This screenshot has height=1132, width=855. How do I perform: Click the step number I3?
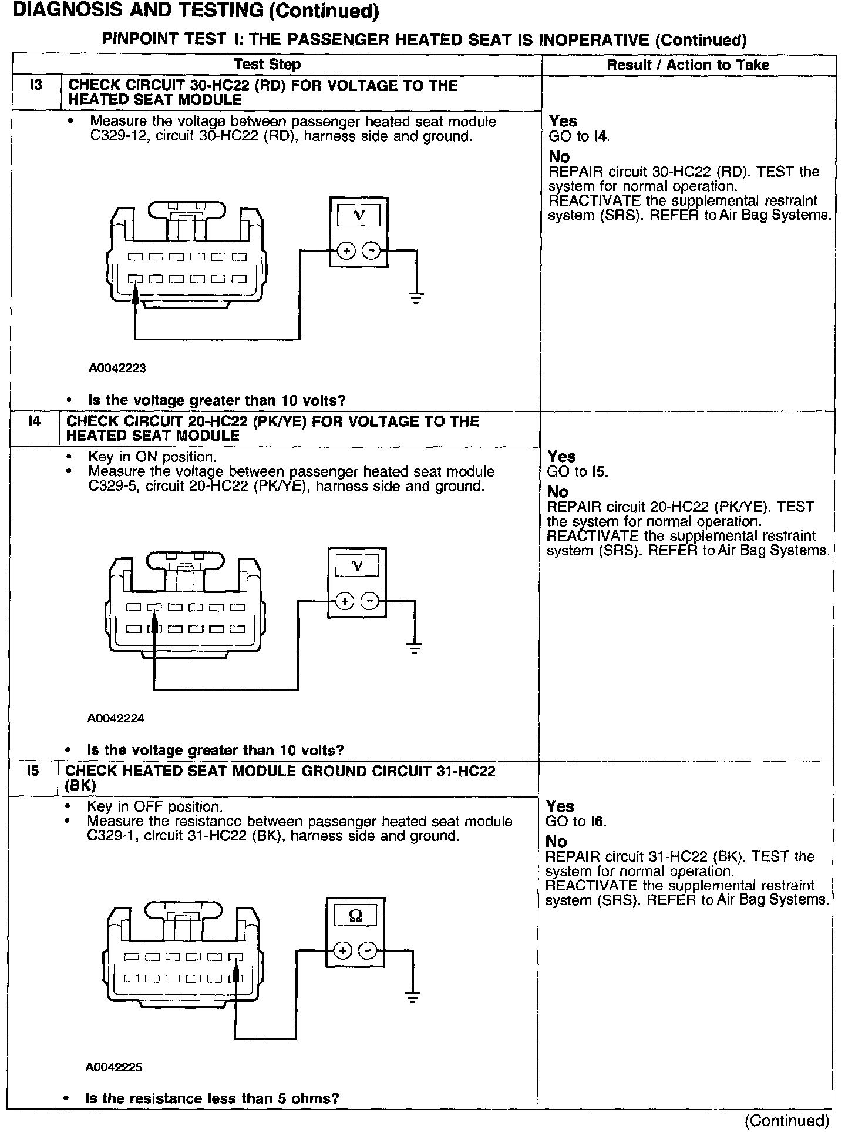pyautogui.click(x=36, y=86)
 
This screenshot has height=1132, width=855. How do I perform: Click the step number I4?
pyautogui.click(x=35, y=421)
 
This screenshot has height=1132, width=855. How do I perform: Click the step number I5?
pyautogui.click(x=33, y=771)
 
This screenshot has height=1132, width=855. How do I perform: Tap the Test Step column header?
pyautogui.click(x=267, y=65)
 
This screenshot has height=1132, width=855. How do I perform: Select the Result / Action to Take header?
pyautogui.click(x=688, y=65)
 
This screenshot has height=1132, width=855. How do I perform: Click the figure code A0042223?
pyautogui.click(x=117, y=369)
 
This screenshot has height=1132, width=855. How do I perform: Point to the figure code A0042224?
pyautogui.click(x=116, y=718)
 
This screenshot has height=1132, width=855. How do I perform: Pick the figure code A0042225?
pyautogui.click(x=114, y=1067)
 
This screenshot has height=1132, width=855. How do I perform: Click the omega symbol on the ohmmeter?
pyautogui.click(x=355, y=916)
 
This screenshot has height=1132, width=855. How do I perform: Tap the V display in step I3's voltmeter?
pyautogui.click(x=359, y=216)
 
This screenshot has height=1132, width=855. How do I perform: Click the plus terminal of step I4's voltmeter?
pyautogui.click(x=345, y=601)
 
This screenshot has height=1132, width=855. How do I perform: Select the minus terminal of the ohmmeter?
pyautogui.click(x=368, y=951)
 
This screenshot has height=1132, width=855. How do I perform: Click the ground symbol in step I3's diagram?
pyautogui.click(x=416, y=297)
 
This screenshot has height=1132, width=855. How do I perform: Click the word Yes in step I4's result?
pyautogui.click(x=561, y=457)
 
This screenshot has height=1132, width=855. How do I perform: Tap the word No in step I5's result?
pyautogui.click(x=557, y=842)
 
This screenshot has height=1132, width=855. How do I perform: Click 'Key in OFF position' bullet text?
pyautogui.click(x=154, y=806)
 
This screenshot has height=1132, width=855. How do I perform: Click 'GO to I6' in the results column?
pyautogui.click(x=575, y=822)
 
